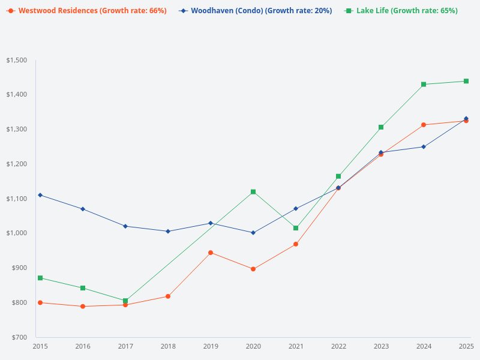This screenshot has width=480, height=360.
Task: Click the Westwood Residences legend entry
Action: pos(87,11)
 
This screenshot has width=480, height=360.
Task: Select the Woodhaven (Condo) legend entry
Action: pos(255,11)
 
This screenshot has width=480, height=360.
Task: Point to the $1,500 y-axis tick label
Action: pos(17,60)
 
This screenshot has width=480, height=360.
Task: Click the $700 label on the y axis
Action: pos(19,337)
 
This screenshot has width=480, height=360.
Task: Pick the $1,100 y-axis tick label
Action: pos(17,199)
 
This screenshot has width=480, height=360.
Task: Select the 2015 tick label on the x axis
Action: pos(40,346)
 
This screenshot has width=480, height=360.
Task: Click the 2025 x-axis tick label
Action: pos(466,346)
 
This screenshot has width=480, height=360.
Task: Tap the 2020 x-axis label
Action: pos(253,346)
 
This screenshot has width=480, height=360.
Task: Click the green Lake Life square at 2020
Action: pos(253,192)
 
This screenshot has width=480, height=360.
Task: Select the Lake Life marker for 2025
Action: pos(466,81)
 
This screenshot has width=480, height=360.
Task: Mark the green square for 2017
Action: pos(125,301)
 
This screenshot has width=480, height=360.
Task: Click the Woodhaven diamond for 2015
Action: pos(40,195)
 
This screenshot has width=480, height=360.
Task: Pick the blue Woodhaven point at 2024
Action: pos(424,146)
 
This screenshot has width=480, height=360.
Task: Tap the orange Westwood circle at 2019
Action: pos(211,253)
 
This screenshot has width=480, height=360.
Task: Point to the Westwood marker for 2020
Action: pos(253,269)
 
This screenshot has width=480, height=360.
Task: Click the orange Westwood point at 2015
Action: pos(40,302)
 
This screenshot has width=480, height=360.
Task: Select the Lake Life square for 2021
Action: pos(296,228)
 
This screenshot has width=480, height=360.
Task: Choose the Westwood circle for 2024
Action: pos(424,125)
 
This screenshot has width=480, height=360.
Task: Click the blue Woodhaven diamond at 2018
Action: pos(168,231)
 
